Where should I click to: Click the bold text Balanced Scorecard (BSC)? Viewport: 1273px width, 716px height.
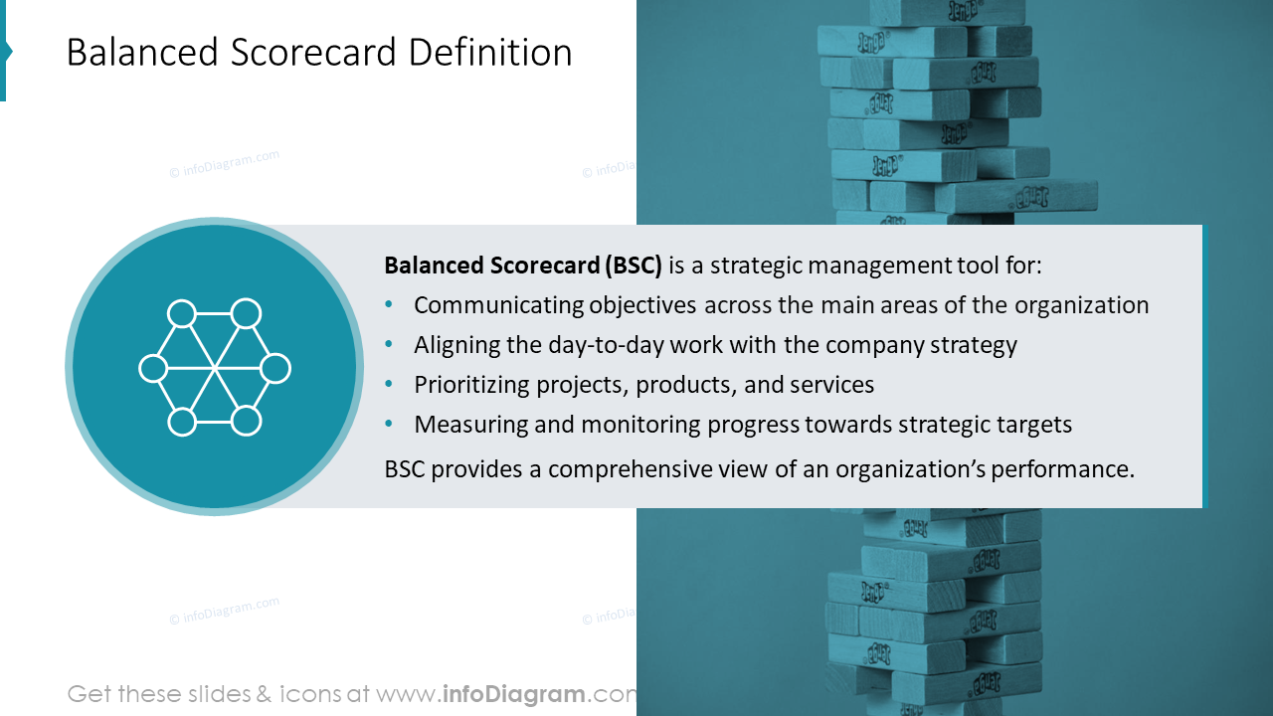523,266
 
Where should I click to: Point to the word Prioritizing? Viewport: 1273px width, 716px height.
470,385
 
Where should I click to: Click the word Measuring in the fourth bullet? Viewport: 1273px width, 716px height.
462,425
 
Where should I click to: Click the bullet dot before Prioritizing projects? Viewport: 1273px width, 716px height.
389,385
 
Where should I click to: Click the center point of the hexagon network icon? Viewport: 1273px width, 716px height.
214,368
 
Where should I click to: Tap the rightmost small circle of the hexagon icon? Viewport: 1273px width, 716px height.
275,368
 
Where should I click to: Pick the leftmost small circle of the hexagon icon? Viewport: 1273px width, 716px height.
152,368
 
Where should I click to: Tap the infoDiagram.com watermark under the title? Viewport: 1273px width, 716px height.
225,163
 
